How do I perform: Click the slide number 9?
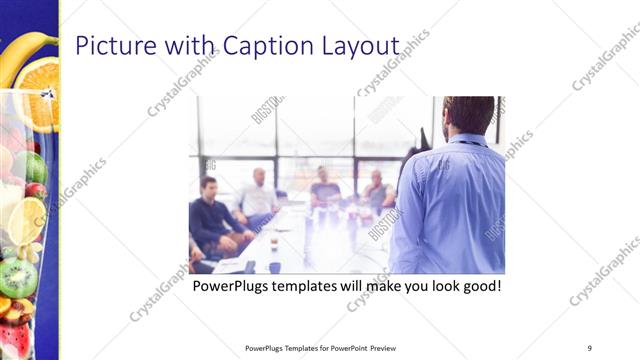(x=590, y=348)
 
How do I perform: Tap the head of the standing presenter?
(x=467, y=114)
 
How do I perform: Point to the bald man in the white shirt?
(x=259, y=195)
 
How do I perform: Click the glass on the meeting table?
(x=273, y=242)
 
